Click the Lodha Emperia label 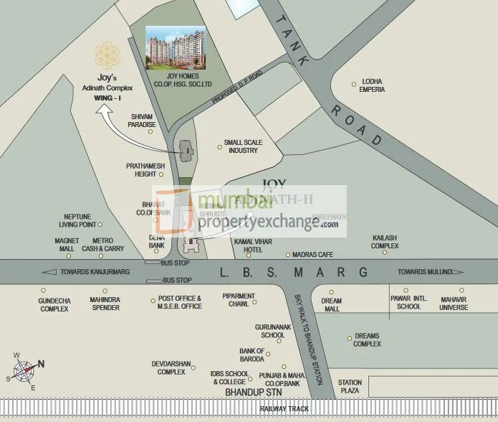point(373,85)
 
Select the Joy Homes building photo point(176,48)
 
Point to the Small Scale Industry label point(243,146)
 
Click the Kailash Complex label point(385,241)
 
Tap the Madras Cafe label point(313,255)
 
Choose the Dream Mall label point(330,304)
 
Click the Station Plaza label point(350,386)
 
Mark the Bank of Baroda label point(252,355)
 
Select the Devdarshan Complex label point(171,367)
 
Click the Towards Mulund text point(426,272)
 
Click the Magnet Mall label point(67,245)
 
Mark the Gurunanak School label point(273,331)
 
